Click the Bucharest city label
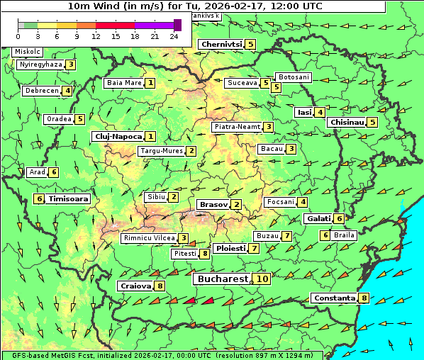tap(222, 279)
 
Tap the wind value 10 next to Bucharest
tap(262, 279)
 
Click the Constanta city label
tap(333, 298)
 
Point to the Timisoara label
tap(69, 199)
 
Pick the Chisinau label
tap(347, 122)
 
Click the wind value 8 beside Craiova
tap(161, 286)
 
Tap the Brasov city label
tap(213, 205)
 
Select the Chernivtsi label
tap(221, 44)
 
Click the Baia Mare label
tap(123, 83)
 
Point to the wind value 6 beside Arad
tap(54, 172)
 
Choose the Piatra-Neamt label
tap(237, 127)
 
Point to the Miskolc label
tap(27, 52)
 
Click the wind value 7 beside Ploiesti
tap(254, 249)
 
